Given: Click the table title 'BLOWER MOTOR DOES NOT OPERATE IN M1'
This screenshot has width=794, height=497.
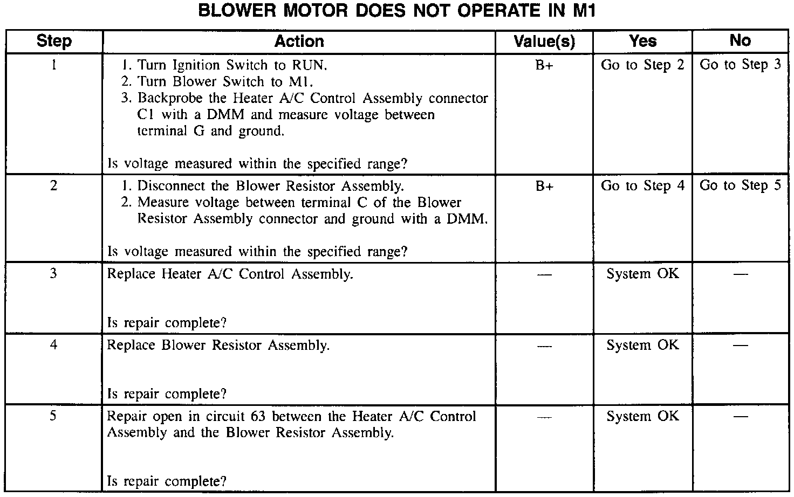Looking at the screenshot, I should pyautogui.click(x=396, y=11).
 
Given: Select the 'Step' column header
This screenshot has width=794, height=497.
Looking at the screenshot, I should pyautogui.click(x=54, y=41).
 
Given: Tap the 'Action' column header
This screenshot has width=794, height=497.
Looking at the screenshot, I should pyautogui.click(x=299, y=41).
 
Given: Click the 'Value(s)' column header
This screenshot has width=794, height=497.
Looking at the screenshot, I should pyautogui.click(x=544, y=41).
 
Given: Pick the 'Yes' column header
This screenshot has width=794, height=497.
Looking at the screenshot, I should pyautogui.click(x=642, y=41).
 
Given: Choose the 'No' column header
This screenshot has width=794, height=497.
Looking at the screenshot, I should pyautogui.click(x=740, y=40).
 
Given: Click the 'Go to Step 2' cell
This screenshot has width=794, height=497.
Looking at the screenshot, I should pyautogui.click(x=642, y=65).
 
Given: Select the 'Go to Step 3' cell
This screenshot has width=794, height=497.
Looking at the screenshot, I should pyautogui.click(x=740, y=65).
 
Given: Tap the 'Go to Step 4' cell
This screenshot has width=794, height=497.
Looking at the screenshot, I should pyautogui.click(x=642, y=186).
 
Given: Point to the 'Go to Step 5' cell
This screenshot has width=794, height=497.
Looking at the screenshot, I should pyautogui.click(x=740, y=185).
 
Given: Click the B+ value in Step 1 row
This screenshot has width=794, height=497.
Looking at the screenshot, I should pyautogui.click(x=544, y=66).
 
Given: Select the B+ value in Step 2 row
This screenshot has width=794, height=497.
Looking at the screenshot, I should pyautogui.click(x=544, y=187).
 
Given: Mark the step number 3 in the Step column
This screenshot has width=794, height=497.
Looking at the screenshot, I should pyautogui.click(x=53, y=273).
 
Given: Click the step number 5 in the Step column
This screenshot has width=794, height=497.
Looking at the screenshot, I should pyautogui.click(x=53, y=416).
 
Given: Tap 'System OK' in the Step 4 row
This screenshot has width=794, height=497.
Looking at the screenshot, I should pyautogui.click(x=642, y=345).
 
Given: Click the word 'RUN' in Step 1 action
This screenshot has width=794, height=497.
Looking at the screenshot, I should pyautogui.click(x=309, y=66).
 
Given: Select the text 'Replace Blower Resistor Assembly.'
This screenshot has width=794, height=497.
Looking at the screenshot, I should pyautogui.click(x=218, y=345).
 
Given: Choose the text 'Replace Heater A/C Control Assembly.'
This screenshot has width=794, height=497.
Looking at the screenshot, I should pyautogui.click(x=230, y=274).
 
